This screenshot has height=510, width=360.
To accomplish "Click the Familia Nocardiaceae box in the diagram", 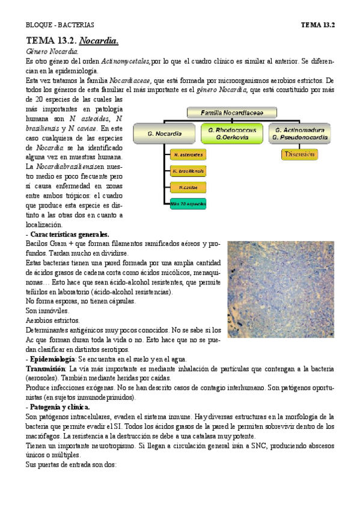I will coord(232,112).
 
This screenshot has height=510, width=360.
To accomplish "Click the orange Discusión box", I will coord(299,155).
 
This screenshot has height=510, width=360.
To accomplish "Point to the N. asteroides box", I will coord(188,155).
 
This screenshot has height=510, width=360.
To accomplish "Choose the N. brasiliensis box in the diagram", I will coord(188,171).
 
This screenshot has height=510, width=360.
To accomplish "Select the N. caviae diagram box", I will coord(188,188).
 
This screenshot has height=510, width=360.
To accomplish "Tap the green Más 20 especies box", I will coord(188,204).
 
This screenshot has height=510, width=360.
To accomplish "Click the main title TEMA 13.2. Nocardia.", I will coord(72,41).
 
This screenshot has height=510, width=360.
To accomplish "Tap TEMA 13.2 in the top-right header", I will coord(317,25).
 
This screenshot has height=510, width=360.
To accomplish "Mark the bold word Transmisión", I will coord(45,368).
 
